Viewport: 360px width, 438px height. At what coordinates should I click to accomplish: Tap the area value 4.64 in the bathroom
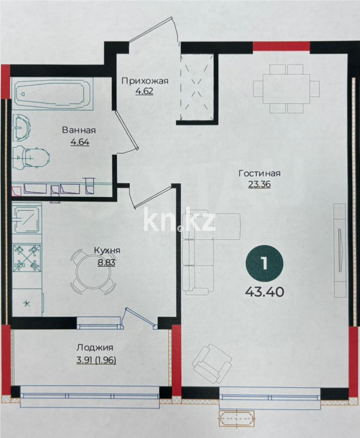click(80, 142)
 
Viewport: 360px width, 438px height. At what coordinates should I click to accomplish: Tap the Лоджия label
click(95, 348)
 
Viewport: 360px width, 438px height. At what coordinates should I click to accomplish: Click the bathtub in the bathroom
click(51, 94)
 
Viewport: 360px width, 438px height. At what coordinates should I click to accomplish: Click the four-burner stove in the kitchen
click(28, 258)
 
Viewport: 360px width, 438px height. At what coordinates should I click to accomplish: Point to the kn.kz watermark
click(180, 220)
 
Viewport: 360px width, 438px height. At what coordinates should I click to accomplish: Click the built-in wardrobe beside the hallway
click(197, 88)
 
